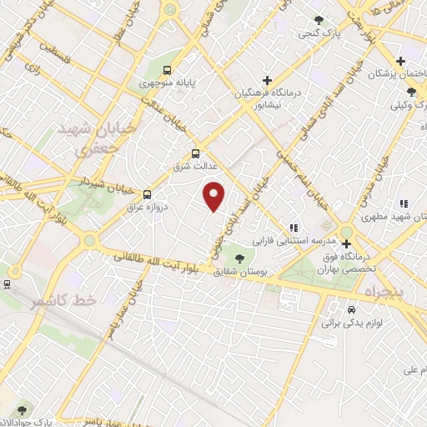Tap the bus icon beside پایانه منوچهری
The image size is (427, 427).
click(x=167, y=71)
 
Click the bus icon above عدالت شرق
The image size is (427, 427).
click(x=195, y=153)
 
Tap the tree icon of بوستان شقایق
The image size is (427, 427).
click(x=240, y=259)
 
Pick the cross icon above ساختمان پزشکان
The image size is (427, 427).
click(x=401, y=61)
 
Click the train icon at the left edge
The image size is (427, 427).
click(x=6, y=284)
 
